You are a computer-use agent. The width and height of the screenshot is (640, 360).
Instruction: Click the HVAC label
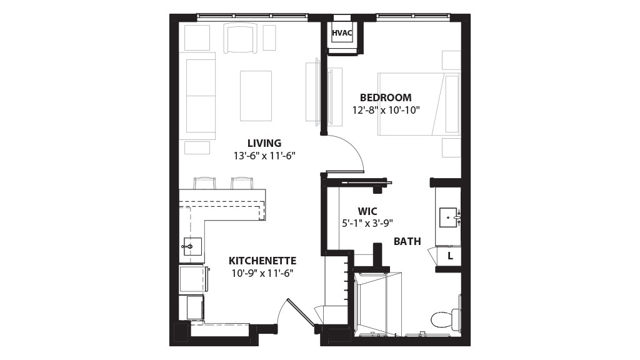pos(342,33)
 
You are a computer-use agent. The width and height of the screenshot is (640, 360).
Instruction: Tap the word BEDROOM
pos(386,97)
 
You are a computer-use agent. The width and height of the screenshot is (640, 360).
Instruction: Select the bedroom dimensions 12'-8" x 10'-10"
pos(386,110)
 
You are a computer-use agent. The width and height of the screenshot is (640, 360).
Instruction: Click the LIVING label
pos(264,143)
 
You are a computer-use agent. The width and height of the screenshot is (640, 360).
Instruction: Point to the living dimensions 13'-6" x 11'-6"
pos(264,156)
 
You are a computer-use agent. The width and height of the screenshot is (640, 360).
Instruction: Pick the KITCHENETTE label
pos(262,261)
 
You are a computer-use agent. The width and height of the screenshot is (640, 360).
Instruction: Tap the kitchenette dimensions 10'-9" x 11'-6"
pos(262,274)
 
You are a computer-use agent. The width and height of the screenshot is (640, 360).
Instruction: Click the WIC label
pos(367,211)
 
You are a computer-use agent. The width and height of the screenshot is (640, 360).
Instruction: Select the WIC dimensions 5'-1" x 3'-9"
pos(367,223)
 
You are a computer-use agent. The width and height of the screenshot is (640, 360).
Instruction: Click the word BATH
pos(407,242)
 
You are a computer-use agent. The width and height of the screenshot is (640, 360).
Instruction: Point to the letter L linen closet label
pos(450,256)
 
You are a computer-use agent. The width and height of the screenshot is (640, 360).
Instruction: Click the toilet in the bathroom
pos(446,318)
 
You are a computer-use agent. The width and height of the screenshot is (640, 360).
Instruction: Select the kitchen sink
pos(191,246)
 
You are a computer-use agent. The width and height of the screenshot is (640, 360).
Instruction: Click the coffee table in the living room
pos(256,96)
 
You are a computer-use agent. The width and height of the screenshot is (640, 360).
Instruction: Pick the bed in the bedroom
pos(419,104)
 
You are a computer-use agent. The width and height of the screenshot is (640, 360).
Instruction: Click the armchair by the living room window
pos(241,38)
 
